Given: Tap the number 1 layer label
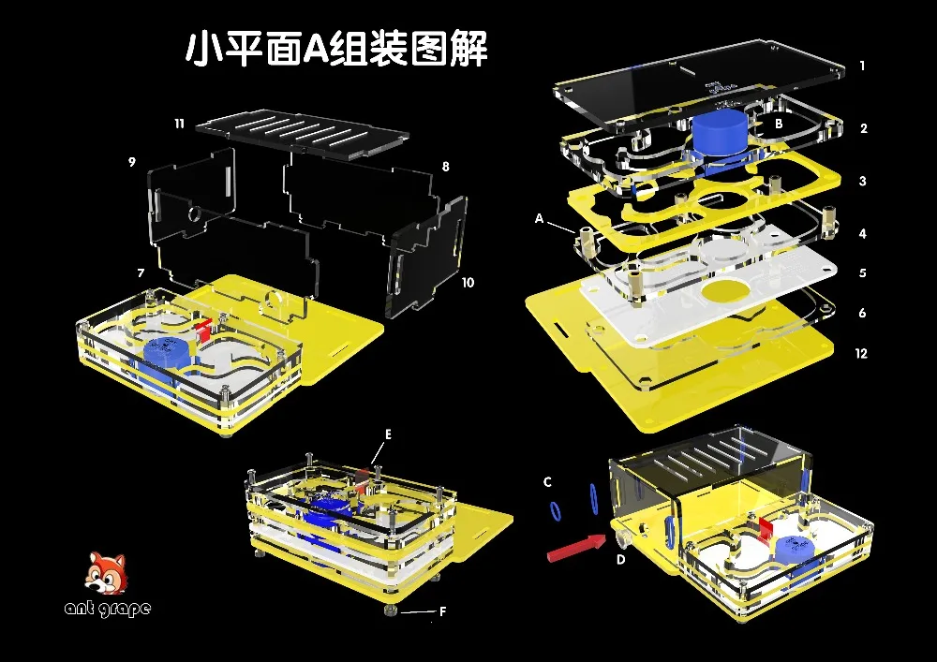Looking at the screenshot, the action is tap(862, 66).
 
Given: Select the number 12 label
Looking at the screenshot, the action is tap(861, 354).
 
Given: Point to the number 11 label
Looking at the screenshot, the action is tap(178, 124).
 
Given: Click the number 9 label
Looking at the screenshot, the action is tap(132, 162).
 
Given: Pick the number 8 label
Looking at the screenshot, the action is tap(445, 167).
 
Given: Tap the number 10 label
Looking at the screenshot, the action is tap(468, 282).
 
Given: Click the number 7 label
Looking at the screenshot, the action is tap(141, 272).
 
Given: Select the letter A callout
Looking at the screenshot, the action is tap(539, 217).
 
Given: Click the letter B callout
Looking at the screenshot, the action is tap(778, 123).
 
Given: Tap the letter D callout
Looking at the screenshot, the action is tap(620, 560).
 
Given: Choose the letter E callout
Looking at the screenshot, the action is tap(388, 435).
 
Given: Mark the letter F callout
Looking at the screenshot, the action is tap(442, 614).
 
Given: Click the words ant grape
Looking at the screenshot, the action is tap(107, 609).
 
